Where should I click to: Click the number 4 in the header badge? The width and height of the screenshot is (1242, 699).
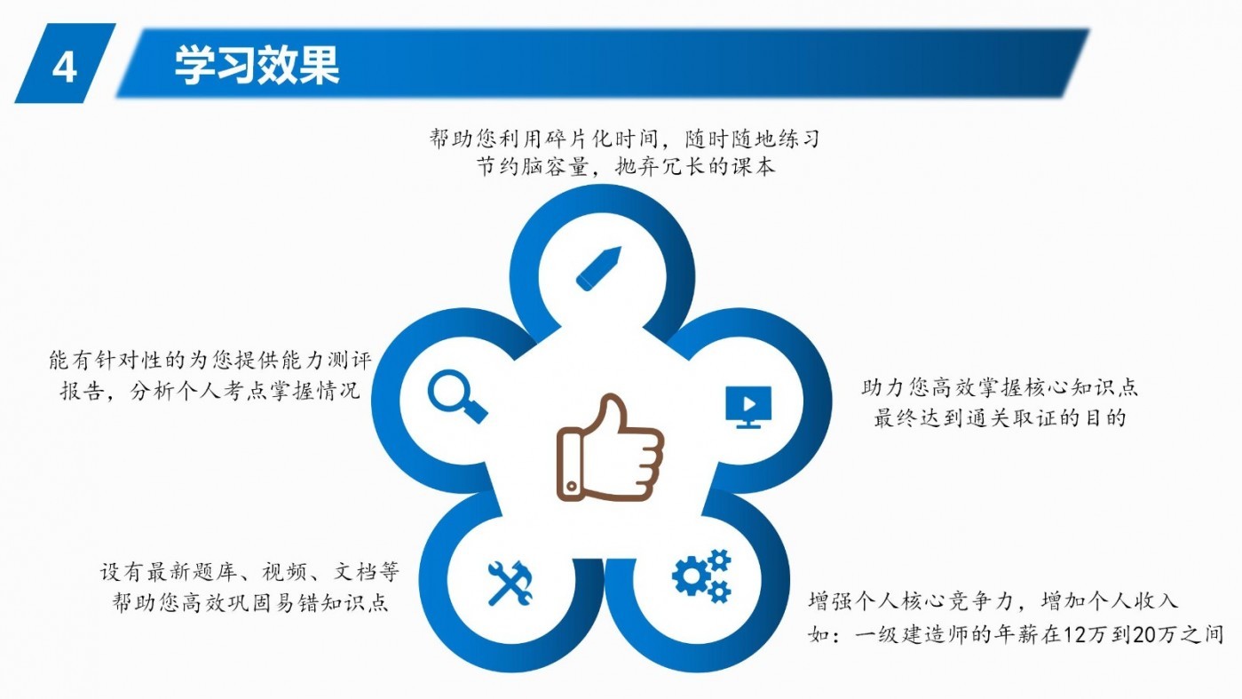pos(64,68)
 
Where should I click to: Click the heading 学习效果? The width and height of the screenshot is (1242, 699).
pos(257,66)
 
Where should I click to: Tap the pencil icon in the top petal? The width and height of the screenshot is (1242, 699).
pos(598,268)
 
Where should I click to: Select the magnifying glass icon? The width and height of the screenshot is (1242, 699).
pos(457,396)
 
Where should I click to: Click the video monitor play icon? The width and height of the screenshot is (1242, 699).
pos(748,407)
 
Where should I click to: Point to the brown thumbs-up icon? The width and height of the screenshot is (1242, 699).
pos(610,448)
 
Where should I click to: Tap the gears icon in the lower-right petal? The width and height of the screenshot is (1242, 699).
pos(702,576)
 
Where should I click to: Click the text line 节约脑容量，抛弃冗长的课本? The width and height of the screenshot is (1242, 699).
pos(625,166)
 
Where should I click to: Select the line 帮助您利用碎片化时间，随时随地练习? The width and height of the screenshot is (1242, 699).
pos(624,139)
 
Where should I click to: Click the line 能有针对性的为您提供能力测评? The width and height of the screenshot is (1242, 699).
pos(210,361)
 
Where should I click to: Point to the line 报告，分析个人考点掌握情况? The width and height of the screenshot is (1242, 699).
pos(210,391)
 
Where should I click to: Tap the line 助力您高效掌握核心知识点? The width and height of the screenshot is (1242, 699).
pos(999,387)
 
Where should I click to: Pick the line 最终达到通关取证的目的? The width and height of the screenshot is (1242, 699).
pos(999,417)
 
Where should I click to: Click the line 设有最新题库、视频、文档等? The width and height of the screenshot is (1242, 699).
pos(249,571)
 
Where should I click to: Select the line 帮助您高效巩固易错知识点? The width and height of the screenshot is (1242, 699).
pos(249,602)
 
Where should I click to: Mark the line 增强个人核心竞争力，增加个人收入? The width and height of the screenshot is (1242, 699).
pos(993,601)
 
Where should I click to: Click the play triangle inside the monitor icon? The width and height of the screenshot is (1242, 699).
pos(749,403)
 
